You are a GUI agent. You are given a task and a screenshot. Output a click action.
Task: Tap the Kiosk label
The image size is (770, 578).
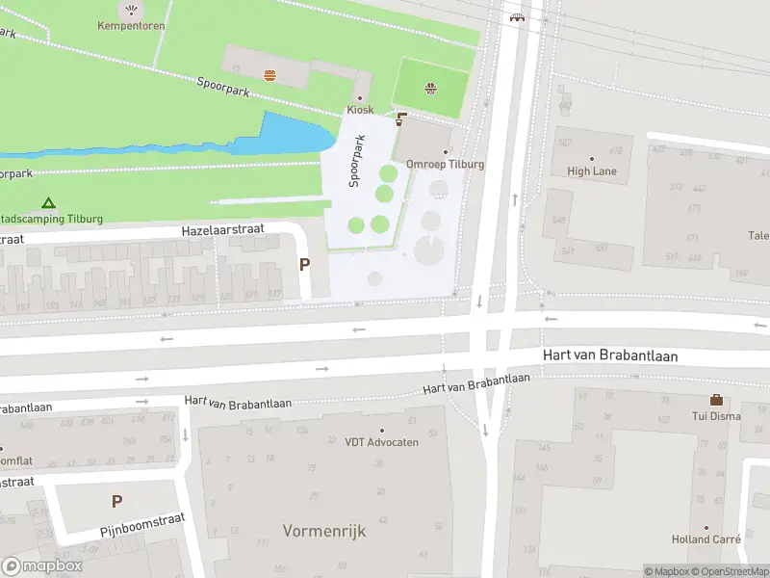[x=360, y=110]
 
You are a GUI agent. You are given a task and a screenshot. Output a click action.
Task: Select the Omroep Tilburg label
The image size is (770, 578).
[x=445, y=164]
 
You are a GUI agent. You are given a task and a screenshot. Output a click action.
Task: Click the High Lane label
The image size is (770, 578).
[x=592, y=171]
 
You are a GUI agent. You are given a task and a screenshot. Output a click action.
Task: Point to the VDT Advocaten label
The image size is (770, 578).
[x=382, y=442]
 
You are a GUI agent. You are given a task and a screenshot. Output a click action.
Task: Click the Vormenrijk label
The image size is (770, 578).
[x=324, y=531]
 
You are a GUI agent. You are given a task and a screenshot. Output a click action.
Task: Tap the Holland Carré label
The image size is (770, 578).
[x=705, y=539]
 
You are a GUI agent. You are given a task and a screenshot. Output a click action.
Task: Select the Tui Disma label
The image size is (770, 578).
[x=715, y=416]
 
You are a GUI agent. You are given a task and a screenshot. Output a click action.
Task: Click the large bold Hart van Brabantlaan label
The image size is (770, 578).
[x=610, y=355]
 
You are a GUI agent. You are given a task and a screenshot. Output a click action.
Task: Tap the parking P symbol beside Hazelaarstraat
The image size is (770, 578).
[x=305, y=265]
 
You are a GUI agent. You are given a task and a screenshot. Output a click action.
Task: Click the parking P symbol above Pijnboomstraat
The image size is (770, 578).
[x=116, y=501]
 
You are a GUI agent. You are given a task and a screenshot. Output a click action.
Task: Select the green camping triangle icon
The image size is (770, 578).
[x=48, y=203]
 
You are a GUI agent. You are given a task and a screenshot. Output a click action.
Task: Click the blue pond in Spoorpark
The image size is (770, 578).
[x=289, y=135]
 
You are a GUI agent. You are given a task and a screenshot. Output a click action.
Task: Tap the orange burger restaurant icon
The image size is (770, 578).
[x=269, y=74]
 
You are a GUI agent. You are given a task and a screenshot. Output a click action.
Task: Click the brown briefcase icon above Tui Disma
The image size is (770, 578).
[x=716, y=400]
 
